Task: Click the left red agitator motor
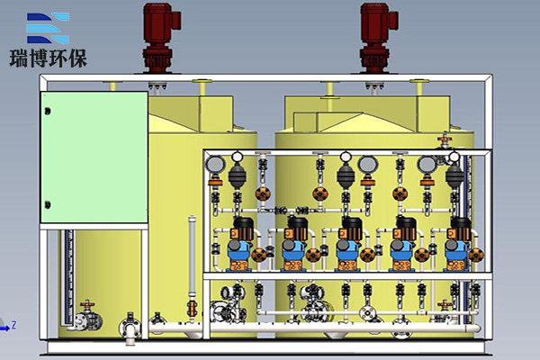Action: pos(158,38)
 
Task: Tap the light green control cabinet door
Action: pos(94,157)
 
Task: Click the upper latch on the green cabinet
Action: pos(48,112)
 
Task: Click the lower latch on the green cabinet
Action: pos(48,205)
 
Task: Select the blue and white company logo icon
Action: pos(48,28)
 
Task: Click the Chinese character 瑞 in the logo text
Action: pos(19,58)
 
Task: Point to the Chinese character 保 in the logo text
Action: pos(77,58)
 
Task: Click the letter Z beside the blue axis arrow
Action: pos(14,325)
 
